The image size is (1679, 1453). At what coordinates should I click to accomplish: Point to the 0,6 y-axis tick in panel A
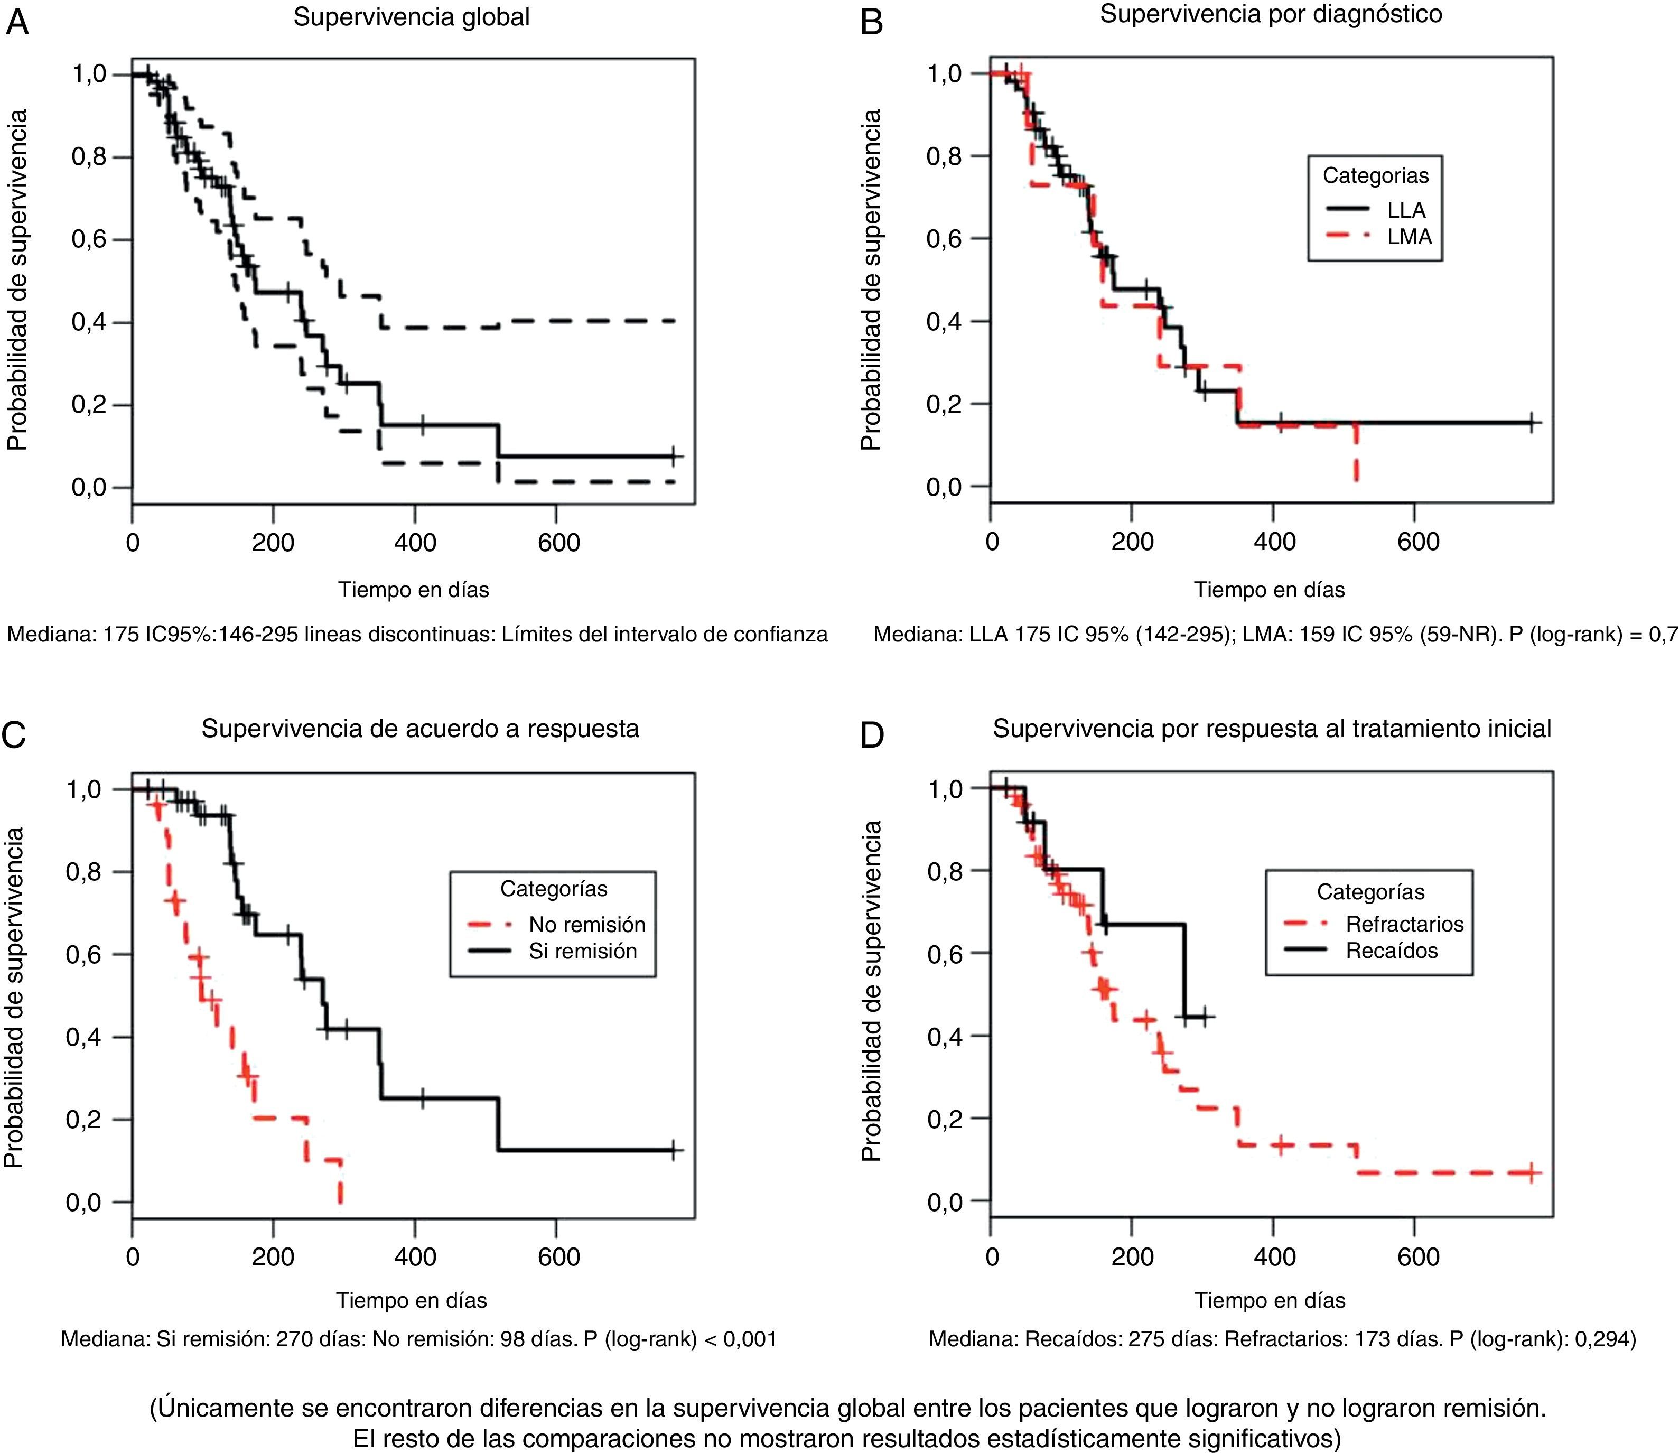click(89, 240)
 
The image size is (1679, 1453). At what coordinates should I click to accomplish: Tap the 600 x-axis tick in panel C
click(558, 1257)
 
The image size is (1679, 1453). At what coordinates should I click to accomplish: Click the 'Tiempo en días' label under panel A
click(414, 590)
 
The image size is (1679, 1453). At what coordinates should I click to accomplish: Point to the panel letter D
click(872, 734)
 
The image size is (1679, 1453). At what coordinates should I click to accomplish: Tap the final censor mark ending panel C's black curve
click(674, 1151)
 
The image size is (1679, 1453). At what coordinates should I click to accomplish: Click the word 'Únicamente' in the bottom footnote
click(222, 1408)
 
